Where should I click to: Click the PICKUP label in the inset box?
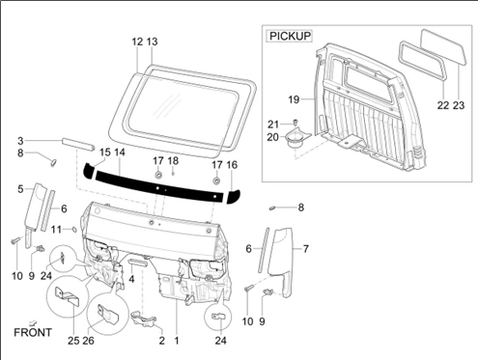point(291,36)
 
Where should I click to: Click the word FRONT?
point(33,332)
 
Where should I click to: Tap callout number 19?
point(294,99)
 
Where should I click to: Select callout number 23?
point(459,105)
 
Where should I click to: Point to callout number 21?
point(273,125)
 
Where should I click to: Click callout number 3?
point(20,141)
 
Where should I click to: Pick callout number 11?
point(56,230)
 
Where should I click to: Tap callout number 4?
point(131,279)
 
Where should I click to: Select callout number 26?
point(89,341)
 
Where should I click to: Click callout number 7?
point(305,249)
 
